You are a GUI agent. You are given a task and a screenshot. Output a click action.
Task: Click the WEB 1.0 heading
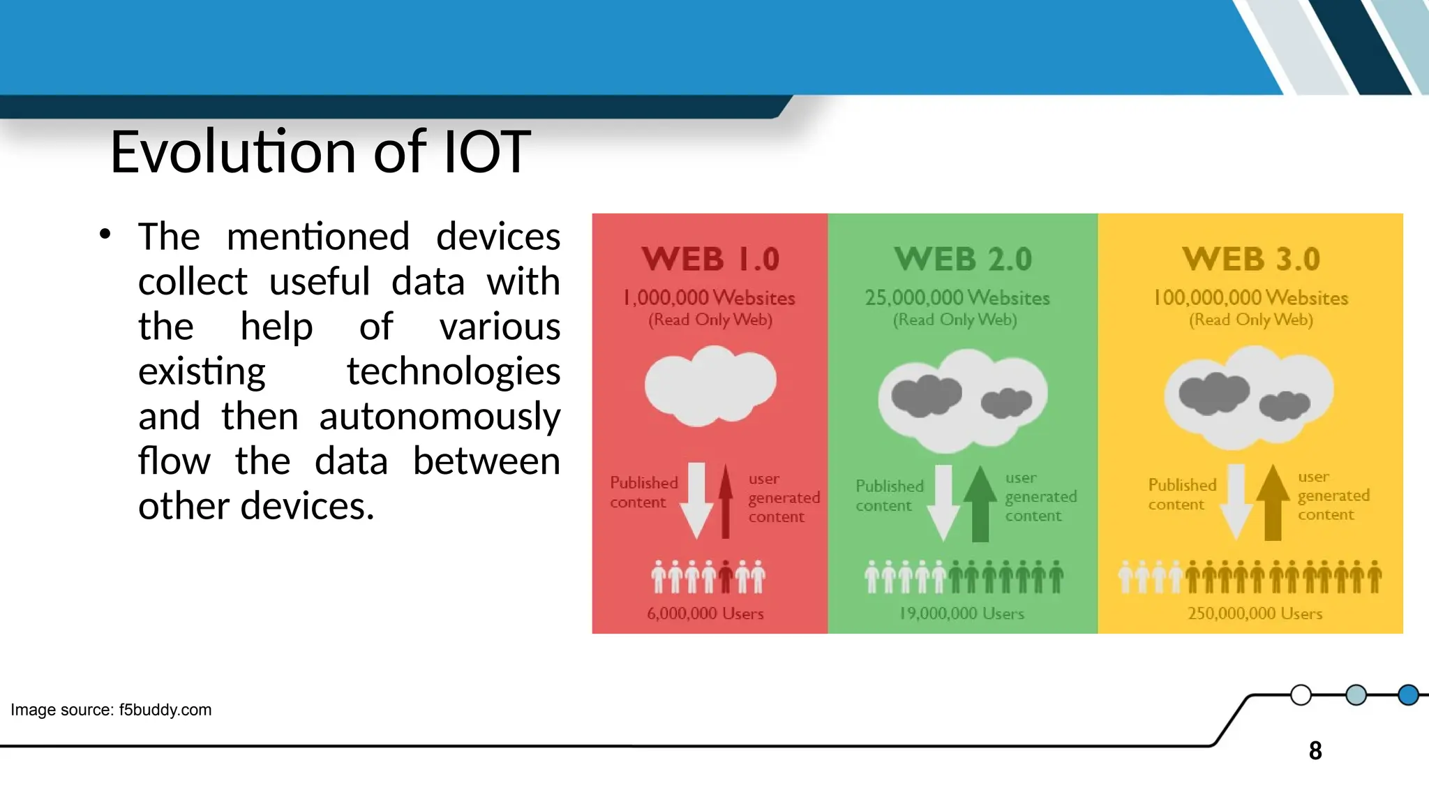click(x=710, y=259)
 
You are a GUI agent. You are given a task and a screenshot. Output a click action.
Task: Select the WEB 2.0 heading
click(x=963, y=259)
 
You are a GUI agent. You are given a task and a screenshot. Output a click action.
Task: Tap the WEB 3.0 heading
click(x=1251, y=259)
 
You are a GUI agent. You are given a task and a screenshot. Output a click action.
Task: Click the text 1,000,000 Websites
click(x=709, y=298)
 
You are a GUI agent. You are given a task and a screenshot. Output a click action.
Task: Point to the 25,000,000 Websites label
click(x=957, y=298)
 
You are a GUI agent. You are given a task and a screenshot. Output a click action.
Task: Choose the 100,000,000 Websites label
click(x=1251, y=298)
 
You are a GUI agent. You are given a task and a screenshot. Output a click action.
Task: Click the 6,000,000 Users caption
click(x=705, y=613)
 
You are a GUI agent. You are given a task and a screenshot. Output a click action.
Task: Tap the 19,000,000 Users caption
click(x=962, y=613)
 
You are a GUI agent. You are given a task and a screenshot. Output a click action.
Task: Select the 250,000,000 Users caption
click(x=1255, y=613)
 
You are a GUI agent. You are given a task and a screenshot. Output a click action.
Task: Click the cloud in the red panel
click(x=710, y=385)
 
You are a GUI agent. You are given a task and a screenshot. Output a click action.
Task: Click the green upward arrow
click(x=980, y=502)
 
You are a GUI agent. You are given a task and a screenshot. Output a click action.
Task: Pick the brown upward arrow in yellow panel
click(x=1273, y=502)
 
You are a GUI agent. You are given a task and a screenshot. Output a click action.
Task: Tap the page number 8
click(x=1315, y=751)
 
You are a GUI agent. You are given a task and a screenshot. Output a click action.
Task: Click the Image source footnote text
click(x=111, y=710)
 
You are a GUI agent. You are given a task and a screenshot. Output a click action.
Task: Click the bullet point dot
click(x=105, y=234)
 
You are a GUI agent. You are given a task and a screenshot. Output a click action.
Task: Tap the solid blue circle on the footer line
click(x=1408, y=695)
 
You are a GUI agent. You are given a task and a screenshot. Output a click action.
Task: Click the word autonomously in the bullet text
click(x=440, y=417)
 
